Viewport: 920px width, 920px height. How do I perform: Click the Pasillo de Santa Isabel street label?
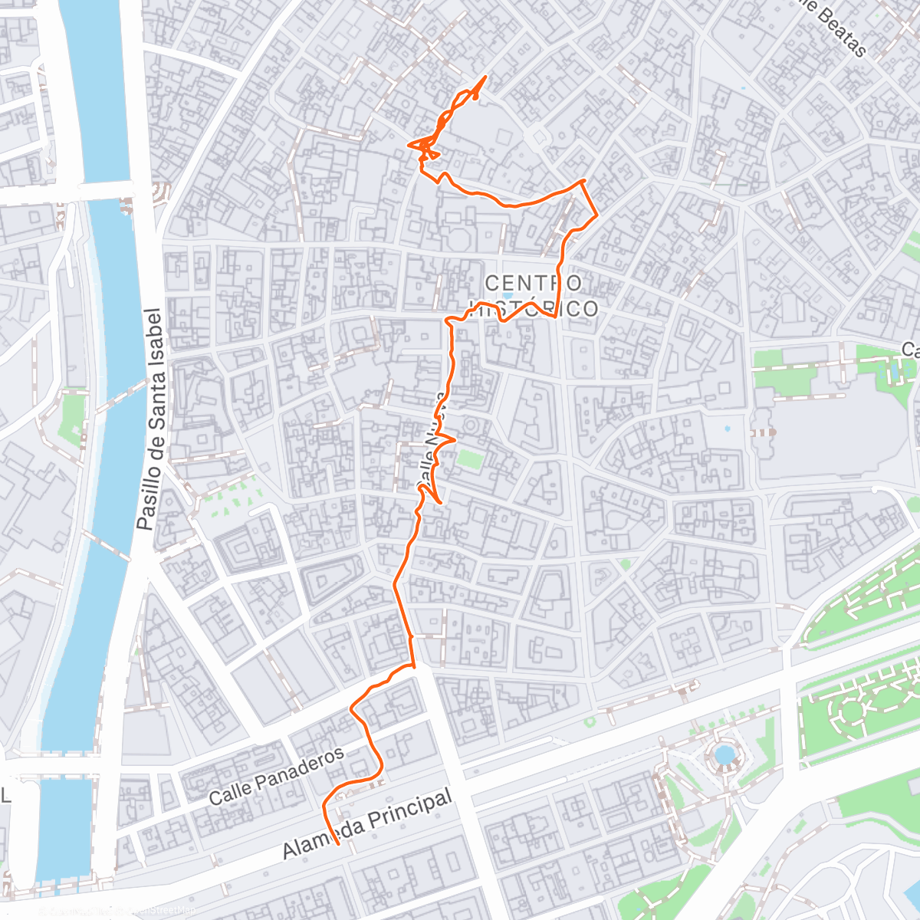click(151, 419)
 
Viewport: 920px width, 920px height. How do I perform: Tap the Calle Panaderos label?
click(277, 777)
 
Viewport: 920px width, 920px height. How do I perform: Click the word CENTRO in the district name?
click(534, 283)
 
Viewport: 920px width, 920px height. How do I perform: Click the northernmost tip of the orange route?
click(486, 77)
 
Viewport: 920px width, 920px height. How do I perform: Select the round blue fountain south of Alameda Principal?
click(724, 754)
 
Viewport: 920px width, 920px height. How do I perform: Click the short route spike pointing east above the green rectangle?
click(455, 440)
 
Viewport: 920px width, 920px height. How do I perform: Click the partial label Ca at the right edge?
click(910, 350)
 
